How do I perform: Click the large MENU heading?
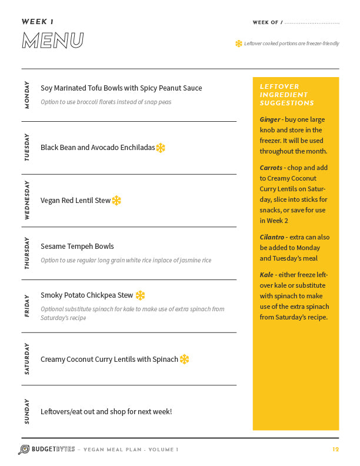click(x=52, y=41)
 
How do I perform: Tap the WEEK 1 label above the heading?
click(x=38, y=22)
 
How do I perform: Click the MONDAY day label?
click(x=27, y=95)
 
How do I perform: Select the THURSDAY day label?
click(x=27, y=254)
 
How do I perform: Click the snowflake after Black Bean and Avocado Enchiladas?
click(x=161, y=148)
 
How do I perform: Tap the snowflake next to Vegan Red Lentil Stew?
click(x=116, y=201)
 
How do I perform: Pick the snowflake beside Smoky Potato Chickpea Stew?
click(x=140, y=295)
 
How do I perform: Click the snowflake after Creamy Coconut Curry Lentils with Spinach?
click(x=184, y=359)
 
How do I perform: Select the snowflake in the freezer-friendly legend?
click(x=239, y=44)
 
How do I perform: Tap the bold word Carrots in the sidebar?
click(x=271, y=168)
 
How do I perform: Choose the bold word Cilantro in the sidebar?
click(x=273, y=237)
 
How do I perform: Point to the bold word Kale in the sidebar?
click(x=266, y=275)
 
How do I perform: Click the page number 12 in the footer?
click(x=335, y=450)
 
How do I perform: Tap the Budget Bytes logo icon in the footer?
click(x=24, y=450)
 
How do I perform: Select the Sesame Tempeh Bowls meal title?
click(x=77, y=247)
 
